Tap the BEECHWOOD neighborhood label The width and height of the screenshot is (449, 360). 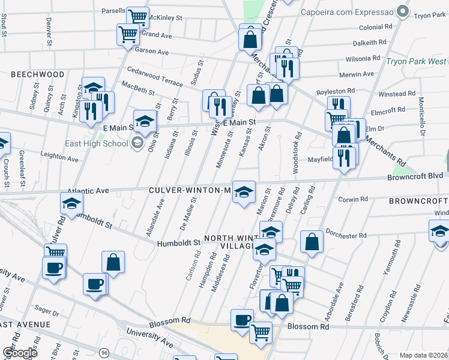click(x=37, y=74)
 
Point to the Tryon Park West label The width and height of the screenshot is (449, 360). click(x=415, y=61)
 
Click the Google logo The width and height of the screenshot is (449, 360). click(x=19, y=352)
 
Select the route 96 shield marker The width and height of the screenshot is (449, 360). click(x=104, y=352)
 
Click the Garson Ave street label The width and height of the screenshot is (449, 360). click(x=152, y=52)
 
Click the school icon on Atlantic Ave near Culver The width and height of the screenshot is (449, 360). click(x=71, y=204)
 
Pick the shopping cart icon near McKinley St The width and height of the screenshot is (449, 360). click(x=138, y=17)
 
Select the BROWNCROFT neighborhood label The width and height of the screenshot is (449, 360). click(x=418, y=200)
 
